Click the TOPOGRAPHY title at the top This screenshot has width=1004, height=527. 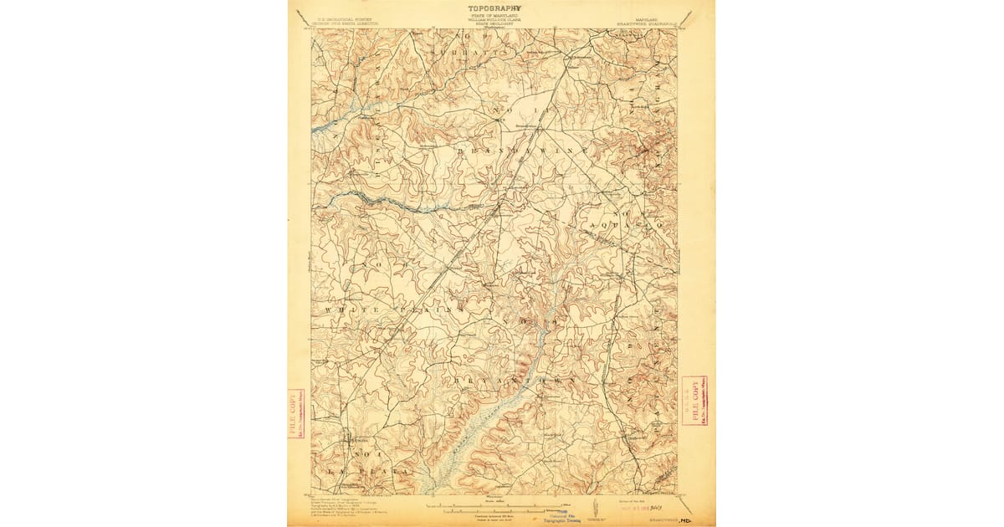click(493, 8)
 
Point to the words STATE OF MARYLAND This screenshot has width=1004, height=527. click(493, 15)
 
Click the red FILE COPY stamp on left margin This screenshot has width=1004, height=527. click(296, 413)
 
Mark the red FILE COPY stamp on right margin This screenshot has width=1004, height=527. click(694, 400)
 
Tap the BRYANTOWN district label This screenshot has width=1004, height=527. click(515, 381)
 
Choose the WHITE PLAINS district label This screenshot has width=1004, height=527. click(394, 310)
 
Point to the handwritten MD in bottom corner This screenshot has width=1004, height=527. click(690, 518)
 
